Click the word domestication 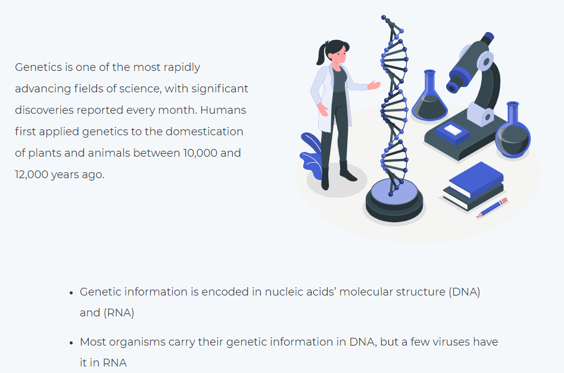pos(204,131)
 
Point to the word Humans pos(223,110)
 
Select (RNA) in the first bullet pos(119,313)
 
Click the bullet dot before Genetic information pos(71,293)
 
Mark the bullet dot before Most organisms pos(71,343)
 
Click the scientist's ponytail pos(321,54)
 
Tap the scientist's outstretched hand pos(374,85)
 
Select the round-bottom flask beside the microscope pos(513,131)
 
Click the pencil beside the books pos(492,207)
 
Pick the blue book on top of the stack pos(476,179)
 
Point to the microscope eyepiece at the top pos(488,38)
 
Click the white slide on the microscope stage pos(453,129)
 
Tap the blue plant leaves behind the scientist pos(311,156)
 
